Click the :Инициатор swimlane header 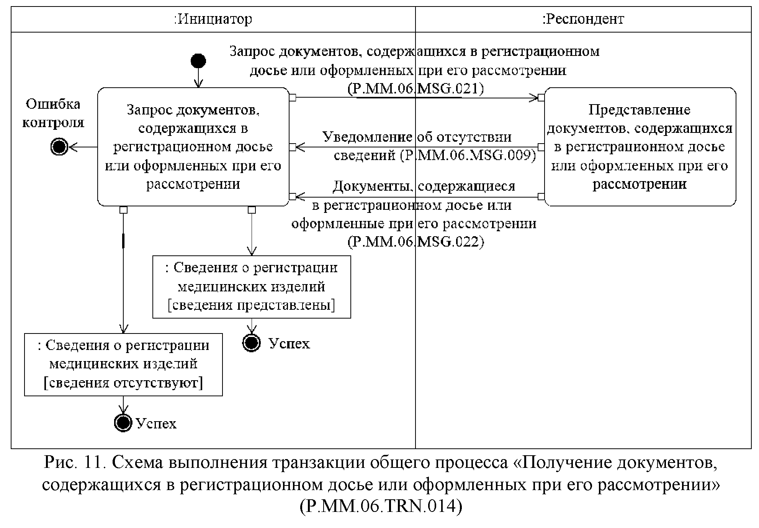pos(213,19)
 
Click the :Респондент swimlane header pos(583,19)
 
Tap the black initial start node pos(198,60)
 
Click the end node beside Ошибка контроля pos(59,147)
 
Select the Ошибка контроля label pos(53,113)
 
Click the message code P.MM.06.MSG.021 pos(416,89)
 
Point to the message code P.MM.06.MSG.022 pos(416,242)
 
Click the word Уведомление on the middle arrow pos(367,137)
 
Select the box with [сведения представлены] pos(252,287)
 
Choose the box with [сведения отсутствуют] pos(123,365)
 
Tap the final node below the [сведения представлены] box pos(252,343)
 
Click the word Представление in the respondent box pos(639,110)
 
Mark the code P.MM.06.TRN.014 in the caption pos(381,506)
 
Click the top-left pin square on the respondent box pos(541,97)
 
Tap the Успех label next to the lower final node pos(156,423)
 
